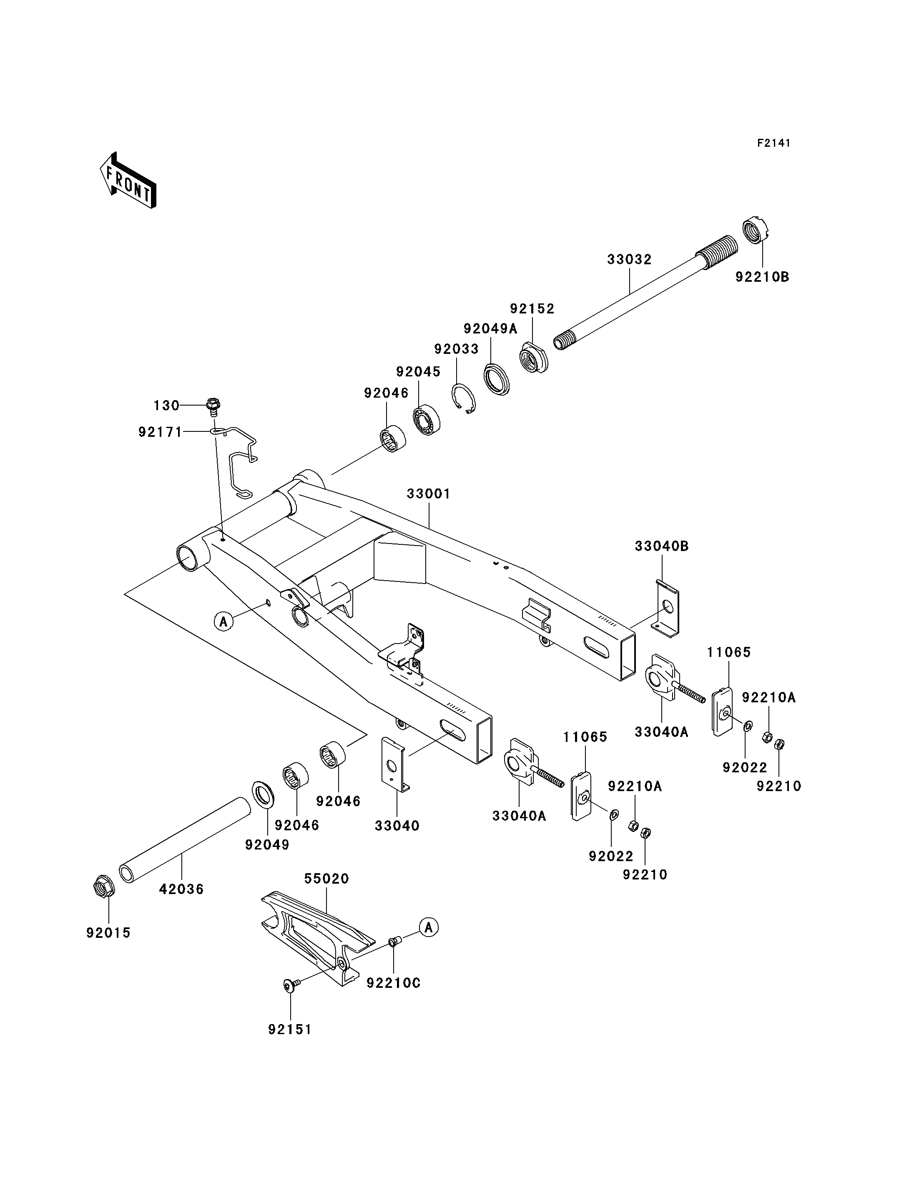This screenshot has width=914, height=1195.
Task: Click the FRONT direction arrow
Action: (128, 180)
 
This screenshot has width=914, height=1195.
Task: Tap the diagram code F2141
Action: (773, 143)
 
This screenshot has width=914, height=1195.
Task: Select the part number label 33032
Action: (630, 259)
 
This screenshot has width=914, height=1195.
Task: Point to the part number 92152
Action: (532, 309)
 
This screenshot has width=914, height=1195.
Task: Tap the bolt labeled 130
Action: (213, 405)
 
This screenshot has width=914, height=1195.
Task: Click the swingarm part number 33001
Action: (429, 494)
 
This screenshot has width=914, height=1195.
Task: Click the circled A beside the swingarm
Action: (223, 621)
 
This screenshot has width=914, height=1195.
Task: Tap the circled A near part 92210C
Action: (429, 927)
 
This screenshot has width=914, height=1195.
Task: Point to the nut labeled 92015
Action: (103, 887)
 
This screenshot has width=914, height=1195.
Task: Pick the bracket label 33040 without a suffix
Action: (397, 826)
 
